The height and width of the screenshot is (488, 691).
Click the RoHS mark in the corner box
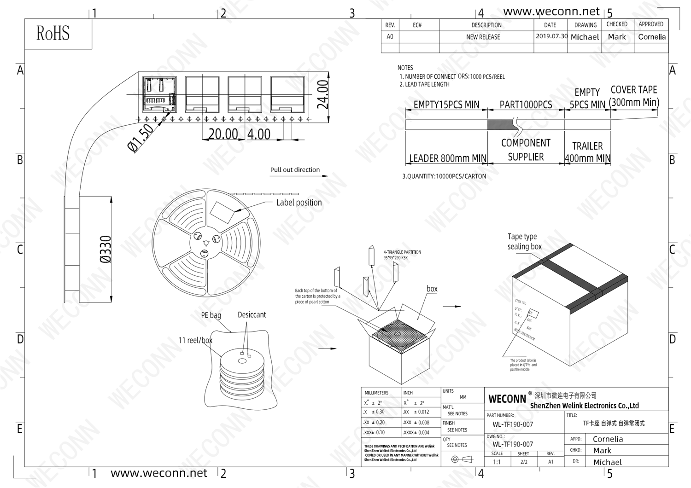point(53,34)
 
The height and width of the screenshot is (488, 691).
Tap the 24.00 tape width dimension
point(323,95)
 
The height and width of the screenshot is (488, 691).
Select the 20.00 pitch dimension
point(223,134)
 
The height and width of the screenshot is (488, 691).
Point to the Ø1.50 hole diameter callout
point(141,138)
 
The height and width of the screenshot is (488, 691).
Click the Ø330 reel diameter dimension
point(105,250)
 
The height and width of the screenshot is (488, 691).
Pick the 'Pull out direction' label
point(295,170)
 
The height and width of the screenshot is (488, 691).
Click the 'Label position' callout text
point(299,203)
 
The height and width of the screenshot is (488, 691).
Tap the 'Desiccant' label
point(252,315)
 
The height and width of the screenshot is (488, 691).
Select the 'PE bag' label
point(211,315)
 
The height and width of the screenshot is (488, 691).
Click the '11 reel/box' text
point(195,341)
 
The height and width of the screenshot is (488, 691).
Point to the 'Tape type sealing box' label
point(524,242)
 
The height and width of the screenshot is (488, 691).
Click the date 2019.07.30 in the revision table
point(551,36)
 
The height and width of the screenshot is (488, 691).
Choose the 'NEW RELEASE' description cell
point(483,37)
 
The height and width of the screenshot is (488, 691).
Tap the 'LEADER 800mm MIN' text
point(448,158)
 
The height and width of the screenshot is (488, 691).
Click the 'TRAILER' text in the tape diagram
point(587,146)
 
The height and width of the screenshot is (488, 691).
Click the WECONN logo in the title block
point(507,399)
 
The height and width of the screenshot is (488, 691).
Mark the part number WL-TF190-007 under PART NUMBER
point(513,425)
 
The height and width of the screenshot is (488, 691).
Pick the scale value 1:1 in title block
point(497,462)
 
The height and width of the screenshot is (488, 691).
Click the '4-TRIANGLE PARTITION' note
point(402,252)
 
